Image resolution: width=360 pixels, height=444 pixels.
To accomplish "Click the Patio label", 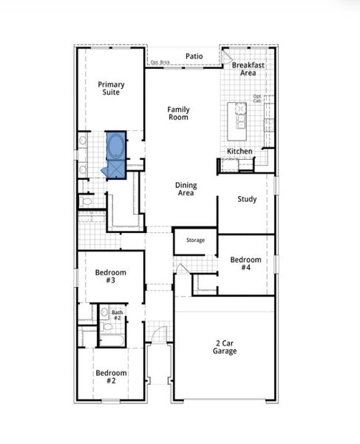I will tap(194, 55).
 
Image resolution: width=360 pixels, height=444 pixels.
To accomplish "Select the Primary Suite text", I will tap(111, 89).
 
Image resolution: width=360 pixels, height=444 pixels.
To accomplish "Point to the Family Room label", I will tap(178, 113).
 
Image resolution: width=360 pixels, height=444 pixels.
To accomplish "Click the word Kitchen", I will tap(240, 152).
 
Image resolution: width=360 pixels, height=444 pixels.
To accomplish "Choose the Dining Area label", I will tap(185, 189).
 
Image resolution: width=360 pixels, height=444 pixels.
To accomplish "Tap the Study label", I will tap(247, 199).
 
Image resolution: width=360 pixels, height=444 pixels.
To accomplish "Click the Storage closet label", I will tap(195, 240).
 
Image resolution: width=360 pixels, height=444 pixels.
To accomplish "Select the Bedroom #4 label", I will tap(245, 264).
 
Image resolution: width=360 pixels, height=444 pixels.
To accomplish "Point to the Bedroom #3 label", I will tap(110, 277).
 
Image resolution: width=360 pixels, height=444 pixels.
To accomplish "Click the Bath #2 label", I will tap(117, 315).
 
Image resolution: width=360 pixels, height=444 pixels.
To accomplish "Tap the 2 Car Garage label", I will tap(226, 347).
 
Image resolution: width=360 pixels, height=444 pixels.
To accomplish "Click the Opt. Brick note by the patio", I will tap(160, 62).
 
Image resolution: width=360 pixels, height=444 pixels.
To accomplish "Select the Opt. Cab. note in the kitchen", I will tap(257, 98).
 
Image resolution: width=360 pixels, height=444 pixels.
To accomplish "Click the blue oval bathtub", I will tap(117, 145).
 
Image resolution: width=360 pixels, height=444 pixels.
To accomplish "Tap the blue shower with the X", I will tap(115, 170).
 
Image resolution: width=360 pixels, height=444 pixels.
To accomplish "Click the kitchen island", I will tap(241, 116).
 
